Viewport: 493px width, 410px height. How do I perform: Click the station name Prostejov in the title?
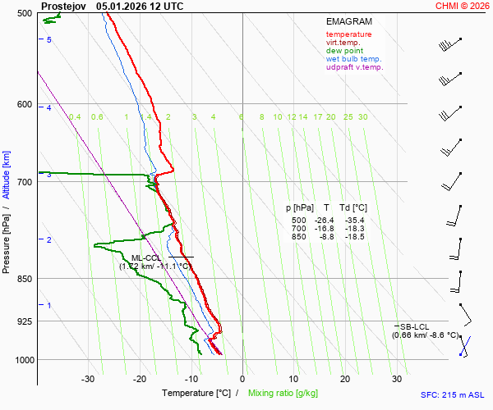tap(64, 6)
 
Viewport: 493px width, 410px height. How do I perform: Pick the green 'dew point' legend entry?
tap(344, 51)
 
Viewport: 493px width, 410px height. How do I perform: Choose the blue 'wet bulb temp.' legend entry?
tap(353, 59)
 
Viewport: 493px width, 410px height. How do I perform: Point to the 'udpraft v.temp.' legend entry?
tap(354, 67)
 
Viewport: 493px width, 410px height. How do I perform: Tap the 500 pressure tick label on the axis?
tap(24, 13)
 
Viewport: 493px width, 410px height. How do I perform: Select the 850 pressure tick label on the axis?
tap(24, 279)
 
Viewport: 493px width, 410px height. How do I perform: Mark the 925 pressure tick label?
tap(24, 321)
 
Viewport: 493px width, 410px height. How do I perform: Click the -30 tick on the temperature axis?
tap(88, 379)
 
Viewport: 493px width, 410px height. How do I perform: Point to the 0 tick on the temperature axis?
tap(242, 379)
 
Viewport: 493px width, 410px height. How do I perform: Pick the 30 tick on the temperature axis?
tap(396, 379)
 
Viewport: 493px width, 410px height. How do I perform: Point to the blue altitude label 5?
tap(49, 40)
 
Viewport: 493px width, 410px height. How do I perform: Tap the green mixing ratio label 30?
tap(362, 117)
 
